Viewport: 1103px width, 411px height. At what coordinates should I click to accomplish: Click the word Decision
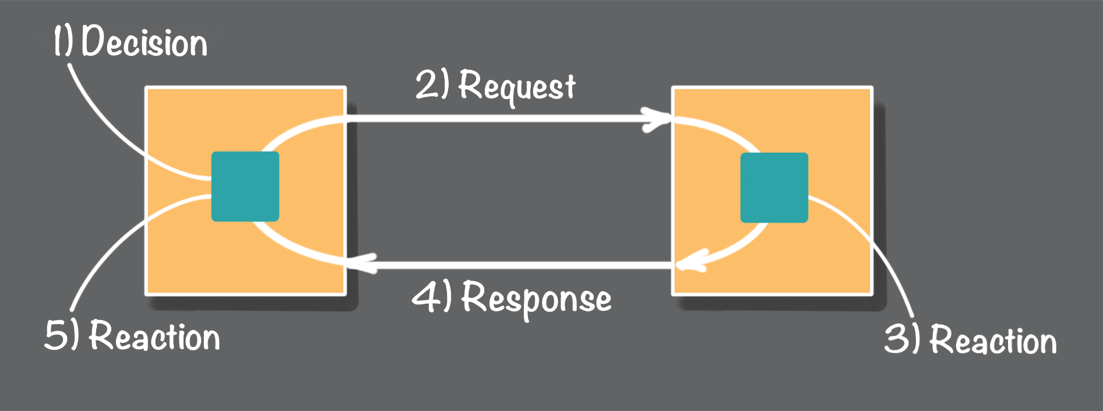pos(145,43)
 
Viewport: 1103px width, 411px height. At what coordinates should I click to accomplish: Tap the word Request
pos(517,87)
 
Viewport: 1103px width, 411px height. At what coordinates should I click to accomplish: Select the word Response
pos(536,298)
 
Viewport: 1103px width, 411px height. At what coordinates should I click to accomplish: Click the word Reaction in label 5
pos(154,337)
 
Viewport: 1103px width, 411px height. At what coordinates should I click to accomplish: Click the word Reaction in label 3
pos(992,340)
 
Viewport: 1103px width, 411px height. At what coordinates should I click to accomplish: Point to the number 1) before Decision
pos(64,41)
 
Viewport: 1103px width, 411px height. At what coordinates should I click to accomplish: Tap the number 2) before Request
pos(432,85)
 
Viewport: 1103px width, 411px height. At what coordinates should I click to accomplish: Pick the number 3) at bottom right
pos(901,339)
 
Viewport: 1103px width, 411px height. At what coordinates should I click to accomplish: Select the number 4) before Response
pos(431,296)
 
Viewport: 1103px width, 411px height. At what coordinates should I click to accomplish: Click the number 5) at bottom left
pos(61,336)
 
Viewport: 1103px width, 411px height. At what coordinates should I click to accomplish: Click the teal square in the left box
pos(245,187)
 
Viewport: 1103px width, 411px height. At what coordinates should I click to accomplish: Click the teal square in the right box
pos(774,188)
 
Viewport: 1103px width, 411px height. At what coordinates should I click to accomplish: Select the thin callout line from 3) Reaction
pos(874,245)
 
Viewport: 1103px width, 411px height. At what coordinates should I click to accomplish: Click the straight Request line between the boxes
pos(495,118)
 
